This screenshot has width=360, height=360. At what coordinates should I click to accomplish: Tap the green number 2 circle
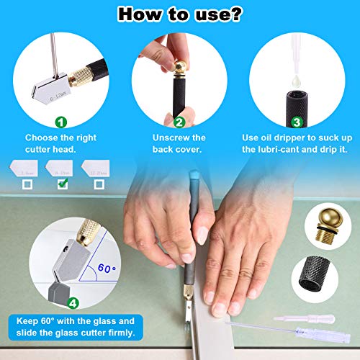click(x=179, y=122)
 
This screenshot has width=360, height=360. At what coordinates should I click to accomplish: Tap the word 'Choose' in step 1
click(x=41, y=138)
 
